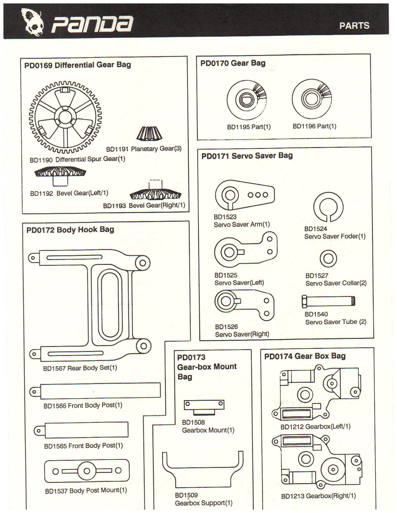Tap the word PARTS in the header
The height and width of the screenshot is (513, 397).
[x=354, y=25]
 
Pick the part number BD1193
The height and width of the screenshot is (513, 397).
[x=114, y=206]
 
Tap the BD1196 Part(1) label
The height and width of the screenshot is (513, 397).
[x=314, y=126]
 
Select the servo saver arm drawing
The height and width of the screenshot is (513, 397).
[x=245, y=195]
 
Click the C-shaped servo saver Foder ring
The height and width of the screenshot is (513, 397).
[x=328, y=207]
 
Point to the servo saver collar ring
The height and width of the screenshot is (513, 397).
[x=328, y=258]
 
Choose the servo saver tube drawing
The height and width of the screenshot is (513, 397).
[x=328, y=301]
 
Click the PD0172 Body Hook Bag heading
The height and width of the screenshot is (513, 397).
[x=70, y=230]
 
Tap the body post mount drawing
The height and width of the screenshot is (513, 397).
[x=87, y=471]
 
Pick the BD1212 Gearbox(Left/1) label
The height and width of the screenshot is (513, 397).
[x=315, y=427]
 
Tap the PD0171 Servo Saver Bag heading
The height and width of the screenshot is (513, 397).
[x=247, y=156]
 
